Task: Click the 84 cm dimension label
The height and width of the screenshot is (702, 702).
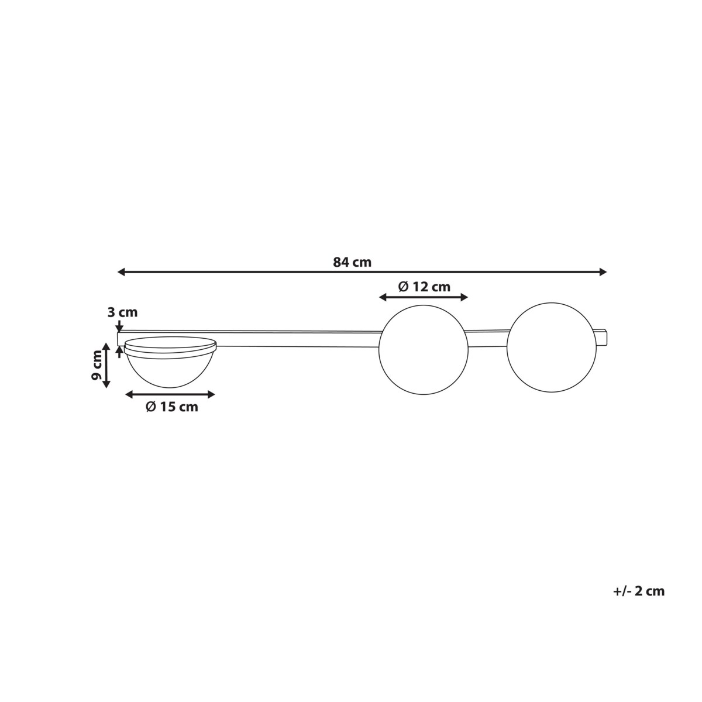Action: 352,262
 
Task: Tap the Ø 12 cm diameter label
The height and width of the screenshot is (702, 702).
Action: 424,287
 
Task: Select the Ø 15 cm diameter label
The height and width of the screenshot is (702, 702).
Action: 172,407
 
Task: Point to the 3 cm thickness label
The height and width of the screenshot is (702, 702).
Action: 122,312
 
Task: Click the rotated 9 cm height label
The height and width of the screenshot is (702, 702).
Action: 97,365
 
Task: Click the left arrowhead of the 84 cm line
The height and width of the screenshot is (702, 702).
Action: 121,272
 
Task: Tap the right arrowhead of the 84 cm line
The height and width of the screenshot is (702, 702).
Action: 603,272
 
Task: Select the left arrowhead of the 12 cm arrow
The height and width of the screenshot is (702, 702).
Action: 383,298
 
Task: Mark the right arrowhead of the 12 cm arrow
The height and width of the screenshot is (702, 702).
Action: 464,298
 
